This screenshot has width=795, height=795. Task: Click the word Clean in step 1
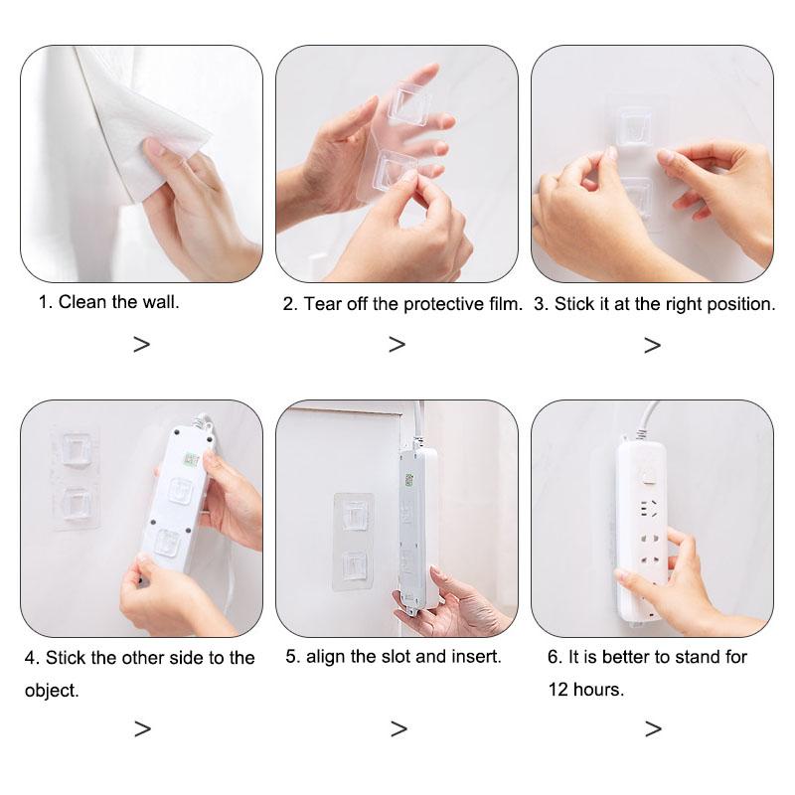(82, 302)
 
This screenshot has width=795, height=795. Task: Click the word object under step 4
(52, 691)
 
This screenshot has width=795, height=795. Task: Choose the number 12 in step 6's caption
(558, 690)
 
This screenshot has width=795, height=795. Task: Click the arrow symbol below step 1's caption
(142, 345)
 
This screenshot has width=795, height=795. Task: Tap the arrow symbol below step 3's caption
(653, 345)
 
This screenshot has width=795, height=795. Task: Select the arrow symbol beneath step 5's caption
(399, 729)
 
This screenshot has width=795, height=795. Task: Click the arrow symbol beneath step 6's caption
(654, 729)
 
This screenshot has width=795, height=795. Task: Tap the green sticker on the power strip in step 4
(191, 460)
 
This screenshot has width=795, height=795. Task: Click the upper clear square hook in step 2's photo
(408, 106)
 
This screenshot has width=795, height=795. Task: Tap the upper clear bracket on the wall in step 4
(77, 449)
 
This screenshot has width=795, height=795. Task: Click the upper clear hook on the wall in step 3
(633, 127)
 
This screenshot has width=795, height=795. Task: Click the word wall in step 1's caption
(161, 302)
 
